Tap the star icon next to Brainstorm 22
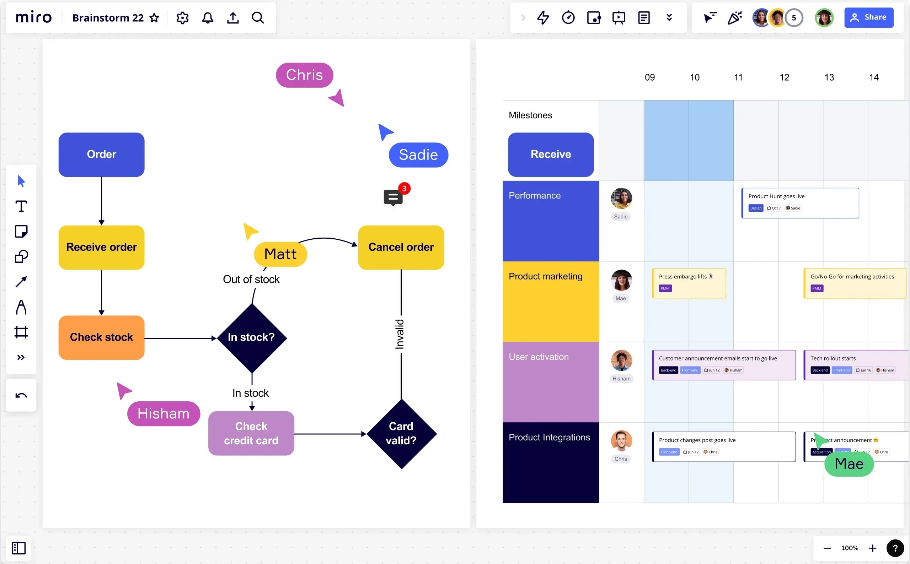pos(154,18)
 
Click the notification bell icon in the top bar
pos(208,18)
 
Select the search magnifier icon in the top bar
pos(258,18)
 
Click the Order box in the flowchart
pos(101,154)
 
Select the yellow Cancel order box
pos(401,247)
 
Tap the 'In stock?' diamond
pos(252,337)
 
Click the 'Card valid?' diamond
pos(401,433)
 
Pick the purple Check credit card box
pos(251,433)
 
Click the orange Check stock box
pos(101,337)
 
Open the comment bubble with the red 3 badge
pos(393,197)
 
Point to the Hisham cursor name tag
pos(164,414)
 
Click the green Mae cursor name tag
pos(849,464)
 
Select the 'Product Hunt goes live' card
pos(799,203)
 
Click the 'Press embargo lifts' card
pos(688,283)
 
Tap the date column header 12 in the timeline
pos(784,77)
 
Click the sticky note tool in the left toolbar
pos(21,232)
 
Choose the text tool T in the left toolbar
pos(21,206)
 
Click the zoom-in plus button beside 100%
pos(872,548)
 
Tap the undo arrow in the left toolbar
pos(21,395)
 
